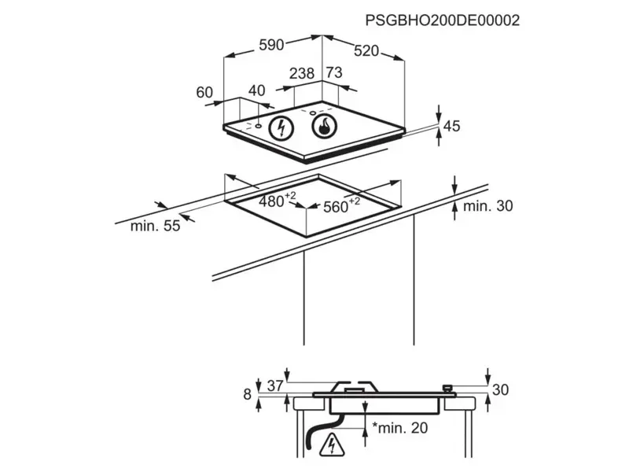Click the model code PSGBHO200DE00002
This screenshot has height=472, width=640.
point(443,20)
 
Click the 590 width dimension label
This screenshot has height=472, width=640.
point(271,45)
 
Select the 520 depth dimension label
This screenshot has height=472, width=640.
point(366,51)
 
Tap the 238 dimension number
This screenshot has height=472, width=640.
point(302,73)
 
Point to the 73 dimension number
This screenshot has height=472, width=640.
point(334,72)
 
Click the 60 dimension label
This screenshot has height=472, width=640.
point(204,92)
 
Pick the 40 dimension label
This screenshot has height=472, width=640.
point(257,90)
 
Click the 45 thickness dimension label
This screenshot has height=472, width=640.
point(451,126)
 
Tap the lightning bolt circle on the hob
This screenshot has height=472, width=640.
point(281,127)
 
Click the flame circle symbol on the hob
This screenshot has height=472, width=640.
point(324,126)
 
